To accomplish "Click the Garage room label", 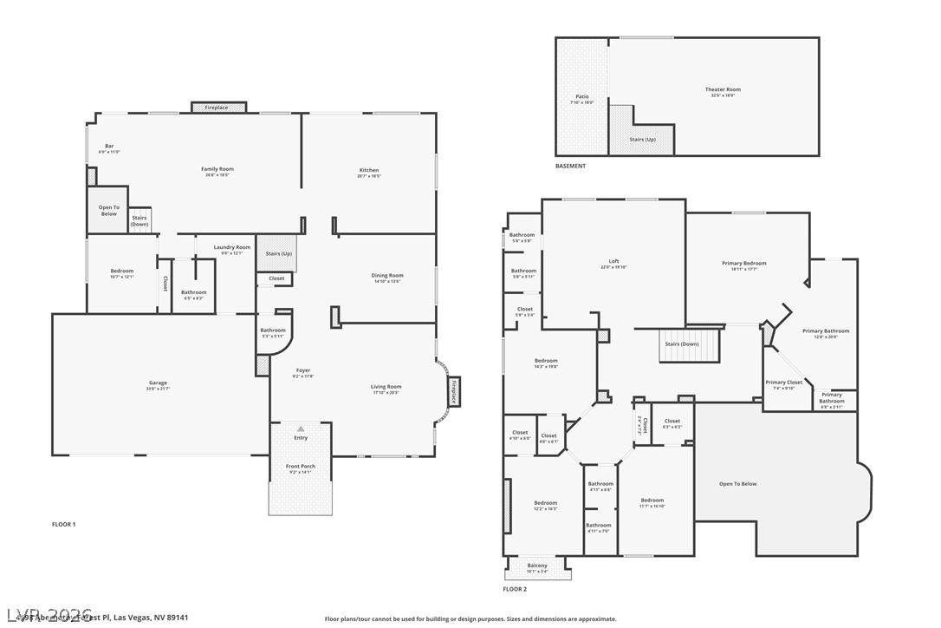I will (158, 383).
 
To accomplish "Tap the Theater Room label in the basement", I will (722, 89).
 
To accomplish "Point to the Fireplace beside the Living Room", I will (454, 391).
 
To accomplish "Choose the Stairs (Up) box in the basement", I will (642, 139).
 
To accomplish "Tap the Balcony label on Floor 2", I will (537, 566).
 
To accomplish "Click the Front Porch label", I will (301, 467).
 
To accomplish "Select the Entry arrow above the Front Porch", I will (301, 428).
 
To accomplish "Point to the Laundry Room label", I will (232, 247).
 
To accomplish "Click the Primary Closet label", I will (783, 383).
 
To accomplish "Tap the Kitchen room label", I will (369, 170).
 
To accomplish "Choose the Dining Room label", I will (386, 276).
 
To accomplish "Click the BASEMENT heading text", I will (570, 166).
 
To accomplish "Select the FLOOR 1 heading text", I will (64, 524).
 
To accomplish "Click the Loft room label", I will (613, 261).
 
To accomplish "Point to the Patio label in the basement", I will (582, 96).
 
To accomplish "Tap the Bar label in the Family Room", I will (109, 146).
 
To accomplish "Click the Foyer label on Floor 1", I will (303, 370).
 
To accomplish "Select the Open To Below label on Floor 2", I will (737, 484).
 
